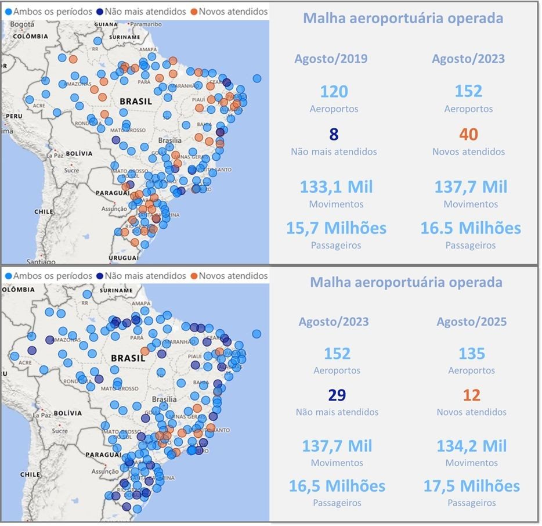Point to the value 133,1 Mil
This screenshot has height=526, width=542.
pos(337,187)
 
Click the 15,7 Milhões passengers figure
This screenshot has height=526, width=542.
pos(336,228)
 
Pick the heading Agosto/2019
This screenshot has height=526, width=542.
pos(331,59)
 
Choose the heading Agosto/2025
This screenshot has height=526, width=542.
pos(471,322)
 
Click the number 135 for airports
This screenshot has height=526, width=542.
pos(471,353)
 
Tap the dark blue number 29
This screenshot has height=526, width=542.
pos(337,395)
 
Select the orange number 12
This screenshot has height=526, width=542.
pos(471,395)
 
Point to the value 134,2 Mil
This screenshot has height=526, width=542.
pos(471,446)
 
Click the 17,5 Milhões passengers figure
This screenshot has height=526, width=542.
pos(471,486)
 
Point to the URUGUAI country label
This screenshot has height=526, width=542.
pos(122,257)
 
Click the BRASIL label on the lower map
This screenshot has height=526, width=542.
pos(128,358)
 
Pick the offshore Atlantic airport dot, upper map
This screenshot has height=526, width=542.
pos(257,78)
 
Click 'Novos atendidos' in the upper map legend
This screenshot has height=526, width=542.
pos(233,12)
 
